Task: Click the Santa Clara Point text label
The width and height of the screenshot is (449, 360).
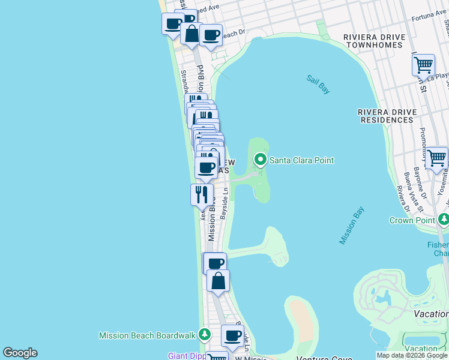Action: (301, 160)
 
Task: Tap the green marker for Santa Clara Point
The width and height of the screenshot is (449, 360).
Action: (261, 160)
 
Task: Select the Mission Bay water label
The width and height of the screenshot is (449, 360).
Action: (352, 225)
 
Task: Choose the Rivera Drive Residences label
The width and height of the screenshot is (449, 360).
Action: (385, 116)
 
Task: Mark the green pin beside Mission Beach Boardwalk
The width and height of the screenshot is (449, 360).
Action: (205, 334)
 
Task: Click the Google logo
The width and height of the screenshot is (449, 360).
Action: (20, 353)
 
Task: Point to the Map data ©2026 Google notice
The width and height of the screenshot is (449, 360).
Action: (411, 356)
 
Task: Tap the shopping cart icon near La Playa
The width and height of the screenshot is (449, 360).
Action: (424, 65)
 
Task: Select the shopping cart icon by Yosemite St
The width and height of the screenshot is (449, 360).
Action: (436, 158)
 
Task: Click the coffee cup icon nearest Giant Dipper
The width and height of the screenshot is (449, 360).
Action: (232, 335)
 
